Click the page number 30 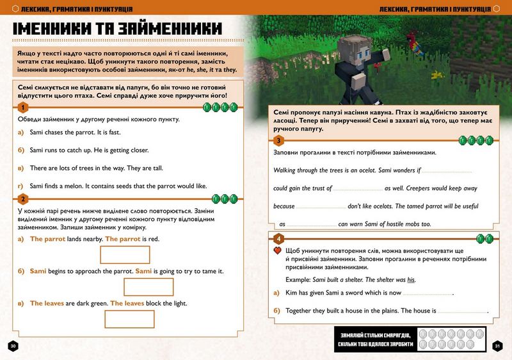[x=13, y=346]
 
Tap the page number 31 [x=498, y=346]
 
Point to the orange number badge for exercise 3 [x=278, y=141]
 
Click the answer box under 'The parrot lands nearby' [x=125, y=254]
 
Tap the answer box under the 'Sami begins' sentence [x=148, y=286]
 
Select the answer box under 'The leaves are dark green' [x=129, y=318]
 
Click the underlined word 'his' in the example [x=412, y=279]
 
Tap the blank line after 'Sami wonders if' [x=447, y=172]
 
